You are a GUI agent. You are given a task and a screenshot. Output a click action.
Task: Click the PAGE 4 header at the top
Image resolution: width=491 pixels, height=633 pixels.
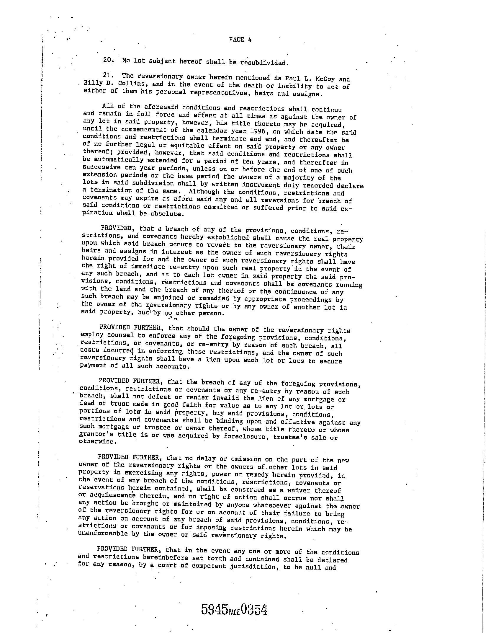[240, 40]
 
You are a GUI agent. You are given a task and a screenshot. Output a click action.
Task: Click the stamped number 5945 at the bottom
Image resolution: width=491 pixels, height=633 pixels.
[215, 609]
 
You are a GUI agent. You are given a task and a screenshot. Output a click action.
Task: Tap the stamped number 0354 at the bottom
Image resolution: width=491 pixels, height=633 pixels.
[254, 609]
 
